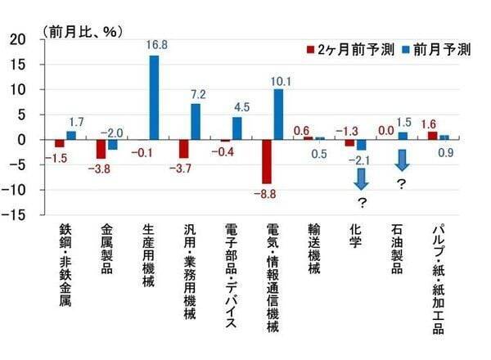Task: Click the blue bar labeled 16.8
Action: point(154,97)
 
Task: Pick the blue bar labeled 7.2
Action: point(196,121)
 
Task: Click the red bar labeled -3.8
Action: point(101,149)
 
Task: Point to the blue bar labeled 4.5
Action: point(237,128)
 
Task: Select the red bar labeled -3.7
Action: point(184,148)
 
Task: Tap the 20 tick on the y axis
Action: point(16,39)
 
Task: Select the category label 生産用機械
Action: point(150,262)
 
